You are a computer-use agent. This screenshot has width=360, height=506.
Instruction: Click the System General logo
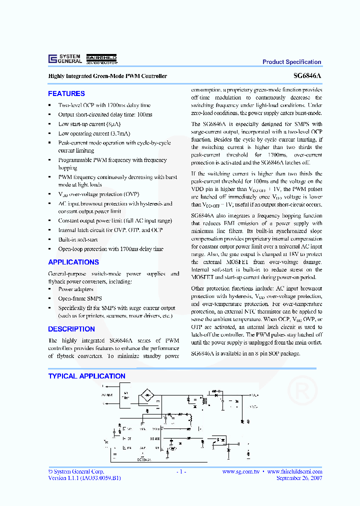click(x=65, y=58)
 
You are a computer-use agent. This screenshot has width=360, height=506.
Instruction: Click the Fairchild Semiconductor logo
click(x=102, y=59)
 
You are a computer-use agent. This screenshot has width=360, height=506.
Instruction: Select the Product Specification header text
click(x=291, y=62)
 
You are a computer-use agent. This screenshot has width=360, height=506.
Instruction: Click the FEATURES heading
click(x=66, y=93)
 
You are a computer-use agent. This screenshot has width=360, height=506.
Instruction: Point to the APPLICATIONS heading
click(x=73, y=262)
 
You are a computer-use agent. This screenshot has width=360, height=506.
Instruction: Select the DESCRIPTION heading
click(x=71, y=329)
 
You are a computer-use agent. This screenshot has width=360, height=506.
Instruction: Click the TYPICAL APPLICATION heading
click(x=86, y=376)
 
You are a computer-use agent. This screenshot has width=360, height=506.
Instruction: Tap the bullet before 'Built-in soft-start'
click(x=49, y=240)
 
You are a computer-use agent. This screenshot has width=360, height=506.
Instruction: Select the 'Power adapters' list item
click(x=75, y=289)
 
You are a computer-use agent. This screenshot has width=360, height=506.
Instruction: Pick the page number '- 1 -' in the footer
click(x=181, y=471)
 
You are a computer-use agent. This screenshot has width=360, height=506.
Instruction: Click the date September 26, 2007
click(x=299, y=478)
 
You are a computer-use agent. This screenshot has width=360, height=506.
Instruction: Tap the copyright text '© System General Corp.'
click(x=76, y=471)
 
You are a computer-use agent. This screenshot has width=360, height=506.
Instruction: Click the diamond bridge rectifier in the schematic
click(x=147, y=394)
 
